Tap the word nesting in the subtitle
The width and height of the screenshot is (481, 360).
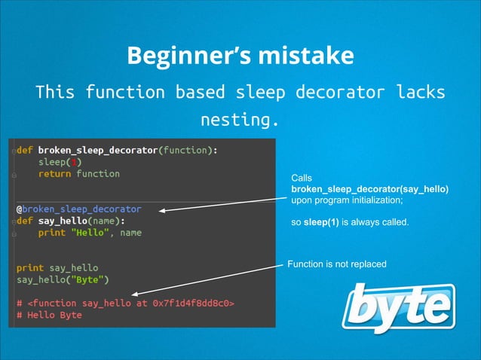click(239, 119)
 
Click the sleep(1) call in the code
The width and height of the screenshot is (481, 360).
click(61, 162)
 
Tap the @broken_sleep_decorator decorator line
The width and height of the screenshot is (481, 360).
click(78, 209)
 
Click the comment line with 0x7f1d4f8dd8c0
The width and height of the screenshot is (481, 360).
click(125, 304)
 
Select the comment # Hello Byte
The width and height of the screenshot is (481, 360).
click(49, 316)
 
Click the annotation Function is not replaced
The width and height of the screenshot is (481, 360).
click(336, 264)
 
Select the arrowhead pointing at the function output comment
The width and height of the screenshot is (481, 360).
click(135, 293)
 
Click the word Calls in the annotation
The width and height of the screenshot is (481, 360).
click(302, 178)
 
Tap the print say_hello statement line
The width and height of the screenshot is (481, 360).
click(57, 267)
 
